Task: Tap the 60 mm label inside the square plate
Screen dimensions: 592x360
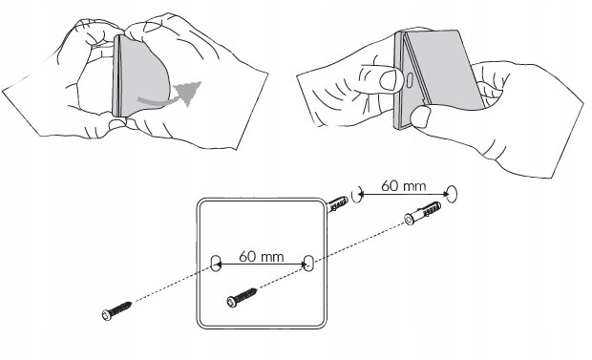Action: (262, 257)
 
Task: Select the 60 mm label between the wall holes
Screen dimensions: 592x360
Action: (403, 186)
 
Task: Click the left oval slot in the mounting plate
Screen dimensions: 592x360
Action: (215, 263)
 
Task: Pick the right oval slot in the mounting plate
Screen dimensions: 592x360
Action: (308, 263)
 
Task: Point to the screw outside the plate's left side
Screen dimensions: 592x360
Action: (116, 310)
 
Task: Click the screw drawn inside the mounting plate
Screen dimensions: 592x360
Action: (242, 297)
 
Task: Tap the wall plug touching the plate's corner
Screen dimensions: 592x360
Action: (337, 204)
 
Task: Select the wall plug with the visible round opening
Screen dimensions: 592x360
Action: (422, 213)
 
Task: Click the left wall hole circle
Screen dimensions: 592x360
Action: (356, 196)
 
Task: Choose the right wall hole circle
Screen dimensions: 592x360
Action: (452, 194)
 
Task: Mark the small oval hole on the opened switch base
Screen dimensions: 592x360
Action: (410, 79)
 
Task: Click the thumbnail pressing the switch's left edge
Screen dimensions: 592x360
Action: (388, 80)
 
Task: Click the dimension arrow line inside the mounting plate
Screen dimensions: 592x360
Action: (262, 265)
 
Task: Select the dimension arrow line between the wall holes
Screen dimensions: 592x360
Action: (403, 194)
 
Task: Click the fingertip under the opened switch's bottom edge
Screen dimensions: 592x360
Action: (420, 116)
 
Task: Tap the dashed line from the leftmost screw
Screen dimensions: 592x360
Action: (173, 283)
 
